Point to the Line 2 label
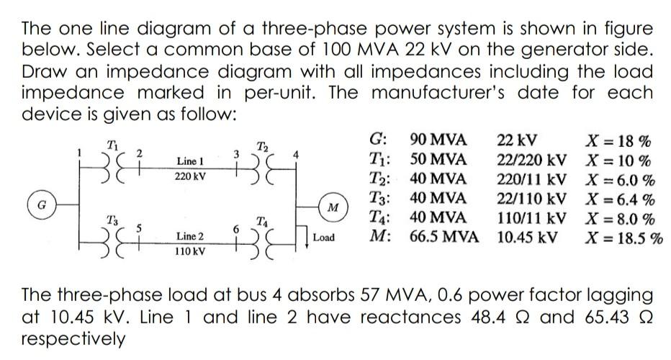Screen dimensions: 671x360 point(190,236)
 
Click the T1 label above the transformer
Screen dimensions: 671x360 point(111,141)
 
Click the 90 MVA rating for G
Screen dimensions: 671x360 point(438,139)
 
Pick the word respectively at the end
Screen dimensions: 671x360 point(73,337)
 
